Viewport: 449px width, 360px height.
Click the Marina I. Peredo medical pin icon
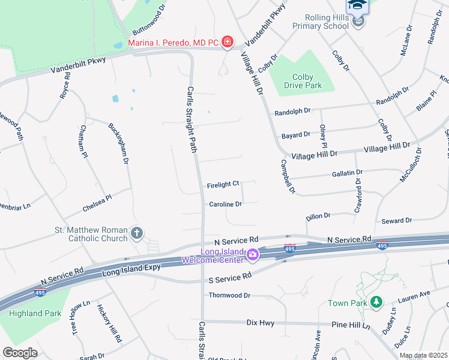click(228, 41)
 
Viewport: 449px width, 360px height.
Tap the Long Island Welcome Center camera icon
click(253, 255)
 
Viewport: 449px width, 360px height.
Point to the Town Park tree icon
click(376, 302)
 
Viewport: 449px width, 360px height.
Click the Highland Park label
click(35, 313)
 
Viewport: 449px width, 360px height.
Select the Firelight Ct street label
click(223, 184)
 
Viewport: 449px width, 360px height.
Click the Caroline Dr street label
click(225, 204)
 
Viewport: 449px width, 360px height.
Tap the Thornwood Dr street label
click(229, 295)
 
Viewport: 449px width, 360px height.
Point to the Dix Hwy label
click(261, 323)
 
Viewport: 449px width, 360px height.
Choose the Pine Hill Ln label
click(351, 324)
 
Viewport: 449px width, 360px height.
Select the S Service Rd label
click(230, 277)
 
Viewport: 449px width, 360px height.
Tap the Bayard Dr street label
click(295, 134)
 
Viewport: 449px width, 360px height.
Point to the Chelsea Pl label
click(97, 203)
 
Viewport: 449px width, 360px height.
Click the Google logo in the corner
click(20, 353)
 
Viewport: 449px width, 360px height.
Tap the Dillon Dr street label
click(318, 215)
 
